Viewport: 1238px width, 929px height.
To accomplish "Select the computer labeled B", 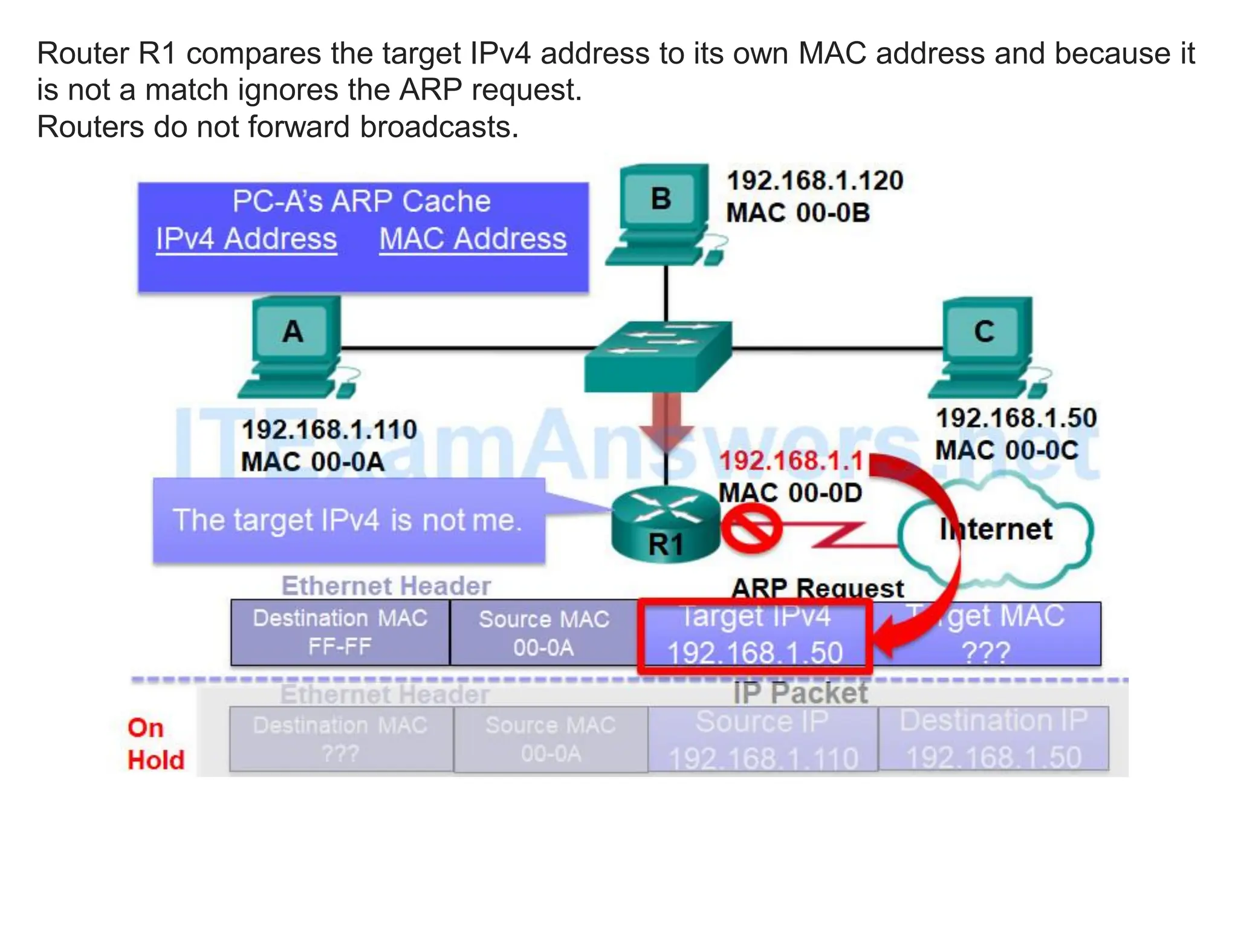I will click(x=662, y=212).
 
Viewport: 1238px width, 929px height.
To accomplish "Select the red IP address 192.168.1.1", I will click(x=791, y=461).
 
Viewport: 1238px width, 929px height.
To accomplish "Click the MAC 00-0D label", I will click(x=791, y=493).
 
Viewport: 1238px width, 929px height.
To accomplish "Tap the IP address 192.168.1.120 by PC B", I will click(x=815, y=181).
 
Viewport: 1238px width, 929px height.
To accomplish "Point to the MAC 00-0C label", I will click(x=1006, y=451).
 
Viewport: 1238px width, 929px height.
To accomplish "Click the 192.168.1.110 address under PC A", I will click(x=329, y=430).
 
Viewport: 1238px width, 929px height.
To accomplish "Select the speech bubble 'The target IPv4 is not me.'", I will click(x=348, y=521).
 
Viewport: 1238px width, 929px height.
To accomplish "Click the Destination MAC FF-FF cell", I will click(x=340, y=633).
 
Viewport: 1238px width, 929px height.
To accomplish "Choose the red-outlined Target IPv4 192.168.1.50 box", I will click(x=755, y=636).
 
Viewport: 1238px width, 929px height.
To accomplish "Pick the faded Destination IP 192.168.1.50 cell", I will click(x=993, y=738).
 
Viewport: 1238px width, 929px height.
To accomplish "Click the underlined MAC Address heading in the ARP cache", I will click(x=473, y=239).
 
